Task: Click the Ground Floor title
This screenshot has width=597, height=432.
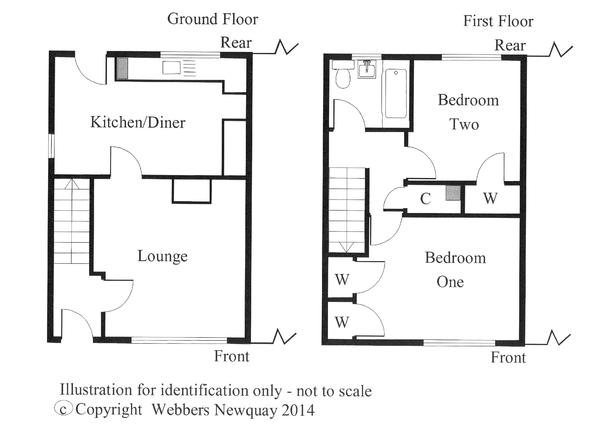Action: point(213,19)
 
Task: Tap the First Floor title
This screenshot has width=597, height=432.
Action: point(498,21)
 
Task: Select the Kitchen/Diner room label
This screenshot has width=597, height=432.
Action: point(138,122)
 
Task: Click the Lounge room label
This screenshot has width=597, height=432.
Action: point(162,256)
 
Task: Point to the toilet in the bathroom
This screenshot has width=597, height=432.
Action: point(343,77)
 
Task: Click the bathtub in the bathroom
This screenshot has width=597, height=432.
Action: point(396,93)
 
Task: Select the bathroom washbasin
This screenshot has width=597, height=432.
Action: point(367,69)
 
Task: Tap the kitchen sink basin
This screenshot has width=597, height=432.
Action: point(171,67)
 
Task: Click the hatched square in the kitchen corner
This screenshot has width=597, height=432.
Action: point(122,68)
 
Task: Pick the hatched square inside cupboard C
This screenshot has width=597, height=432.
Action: point(453,193)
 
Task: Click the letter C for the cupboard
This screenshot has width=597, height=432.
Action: point(425,199)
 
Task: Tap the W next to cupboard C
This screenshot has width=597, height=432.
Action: point(490,199)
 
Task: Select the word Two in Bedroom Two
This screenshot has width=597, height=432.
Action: point(464,124)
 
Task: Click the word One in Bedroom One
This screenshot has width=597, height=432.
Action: point(450,282)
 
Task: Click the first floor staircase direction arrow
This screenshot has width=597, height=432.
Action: point(347,247)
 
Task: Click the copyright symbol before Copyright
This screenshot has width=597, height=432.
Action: point(63,409)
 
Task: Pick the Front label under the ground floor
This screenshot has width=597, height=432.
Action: point(232,356)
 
